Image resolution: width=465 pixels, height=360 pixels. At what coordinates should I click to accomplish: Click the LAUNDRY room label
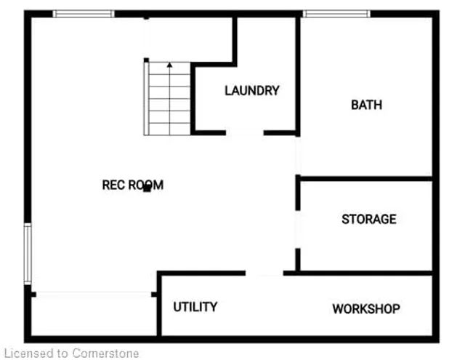[251, 91]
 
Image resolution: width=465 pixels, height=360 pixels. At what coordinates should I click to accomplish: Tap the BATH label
[366, 105]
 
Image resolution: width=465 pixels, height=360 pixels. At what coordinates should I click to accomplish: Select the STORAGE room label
[369, 219]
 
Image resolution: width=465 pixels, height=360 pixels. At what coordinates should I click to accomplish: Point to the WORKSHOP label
[366, 309]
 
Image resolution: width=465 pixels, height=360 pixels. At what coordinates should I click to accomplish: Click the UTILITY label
[195, 307]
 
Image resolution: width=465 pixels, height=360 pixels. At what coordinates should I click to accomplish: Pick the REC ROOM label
[132, 185]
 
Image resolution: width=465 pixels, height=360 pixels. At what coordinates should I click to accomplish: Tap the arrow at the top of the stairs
[169, 66]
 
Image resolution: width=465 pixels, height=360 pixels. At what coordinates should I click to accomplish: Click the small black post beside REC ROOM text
[147, 188]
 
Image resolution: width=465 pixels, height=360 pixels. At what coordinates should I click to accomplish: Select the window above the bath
[336, 14]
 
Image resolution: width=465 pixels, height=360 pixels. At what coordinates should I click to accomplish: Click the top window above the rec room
[84, 14]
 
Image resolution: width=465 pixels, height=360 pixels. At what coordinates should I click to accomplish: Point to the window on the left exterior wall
[28, 253]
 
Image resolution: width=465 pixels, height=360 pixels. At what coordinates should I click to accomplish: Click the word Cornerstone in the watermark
[105, 353]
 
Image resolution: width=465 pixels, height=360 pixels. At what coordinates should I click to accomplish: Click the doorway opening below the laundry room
[245, 133]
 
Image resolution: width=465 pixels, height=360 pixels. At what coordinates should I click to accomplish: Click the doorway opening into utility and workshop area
[264, 273]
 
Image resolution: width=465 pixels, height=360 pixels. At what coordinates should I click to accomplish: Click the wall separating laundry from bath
[297, 73]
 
